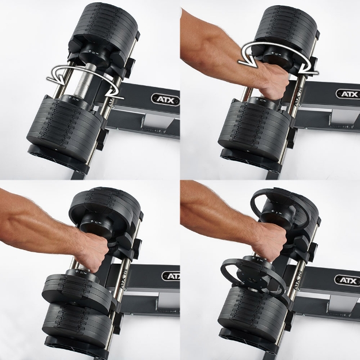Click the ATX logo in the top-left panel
coord(165,100)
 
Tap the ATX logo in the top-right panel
coord(346,94)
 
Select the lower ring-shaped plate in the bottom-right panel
coord(253,274)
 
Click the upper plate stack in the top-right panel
coord(285,26)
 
